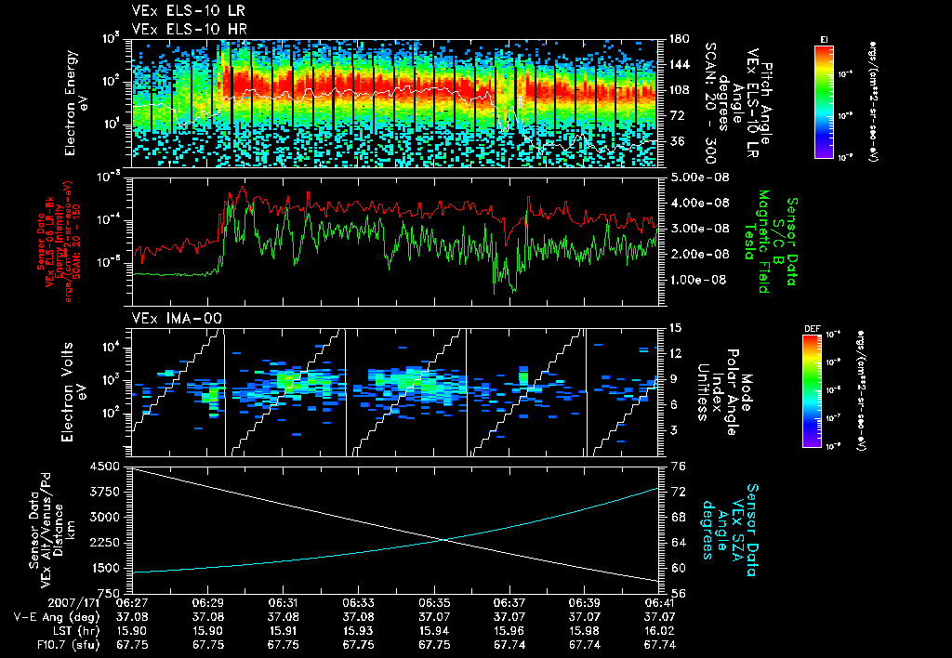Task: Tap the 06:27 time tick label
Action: (x=133, y=602)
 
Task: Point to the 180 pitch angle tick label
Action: (x=678, y=39)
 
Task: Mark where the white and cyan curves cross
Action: (x=443, y=539)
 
